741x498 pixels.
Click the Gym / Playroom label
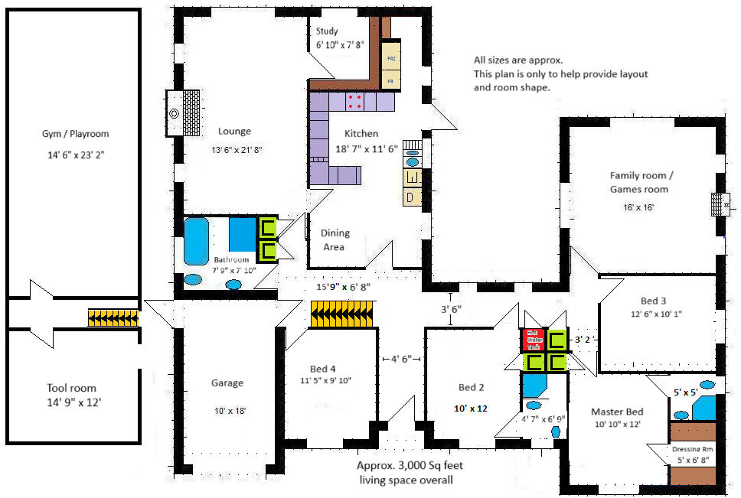click(x=75, y=134)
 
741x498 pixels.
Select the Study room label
click(x=327, y=31)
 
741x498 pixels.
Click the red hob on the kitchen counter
click(x=355, y=102)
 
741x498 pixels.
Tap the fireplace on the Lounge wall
click(x=184, y=113)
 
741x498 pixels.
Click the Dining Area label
click(x=335, y=240)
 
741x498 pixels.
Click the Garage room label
click(x=227, y=383)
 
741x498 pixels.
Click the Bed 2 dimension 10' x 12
click(x=470, y=408)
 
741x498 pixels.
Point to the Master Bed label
click(x=616, y=412)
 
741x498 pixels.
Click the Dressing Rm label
click(x=692, y=450)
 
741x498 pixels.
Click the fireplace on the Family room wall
click(x=719, y=205)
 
